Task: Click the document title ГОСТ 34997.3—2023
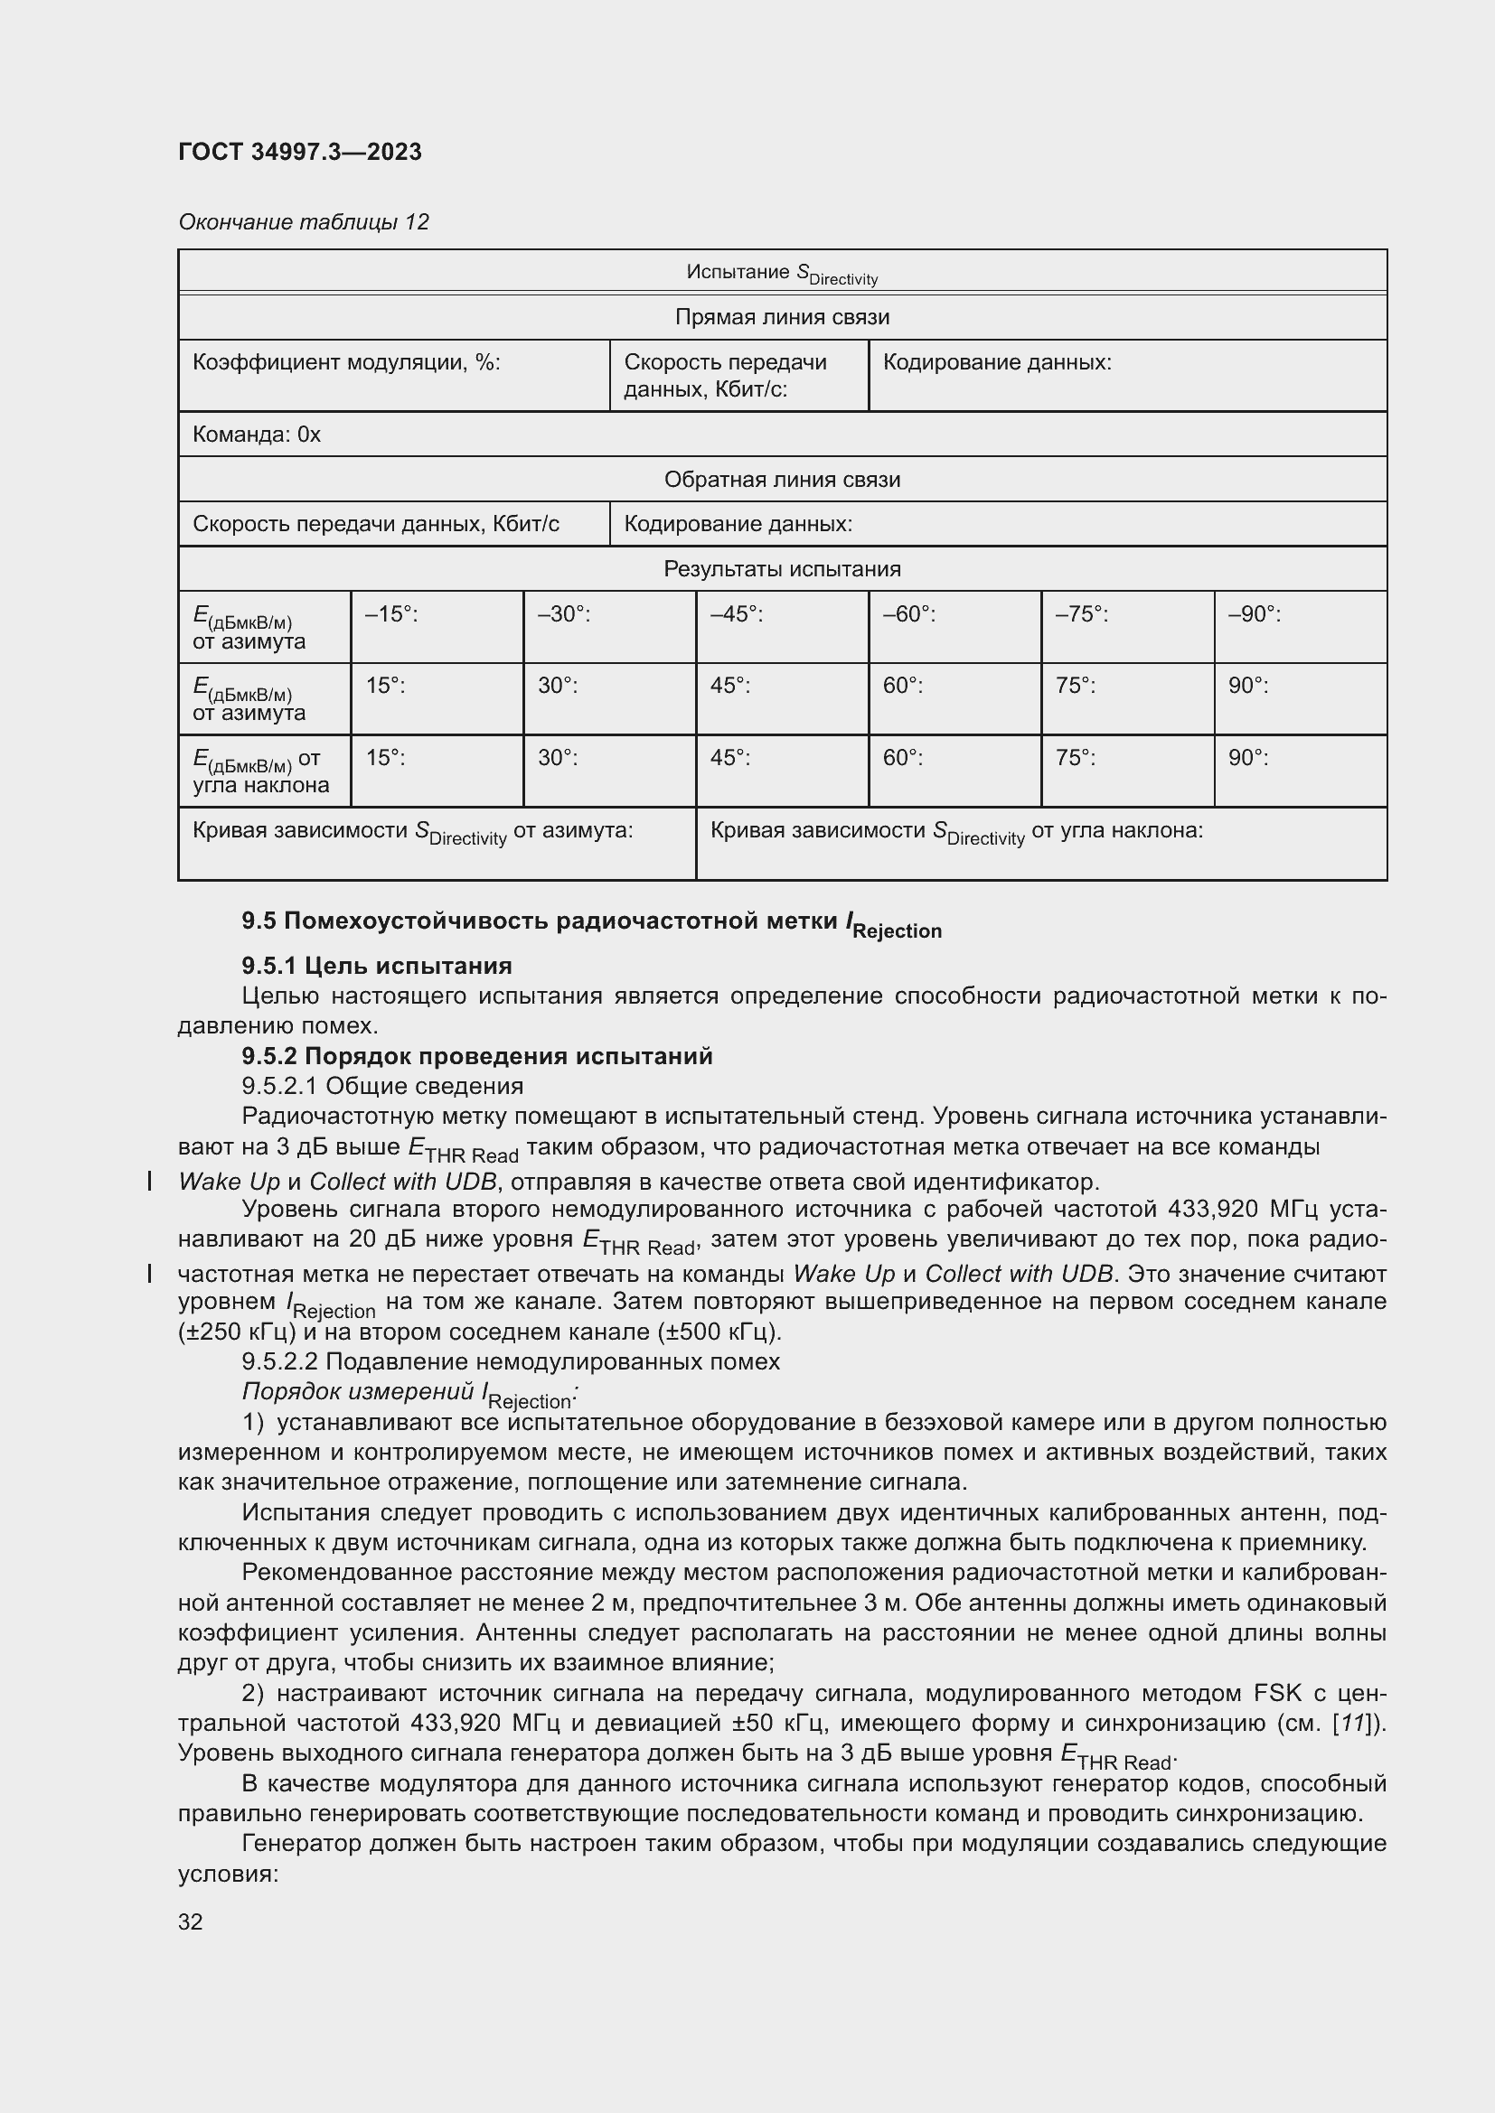(300, 152)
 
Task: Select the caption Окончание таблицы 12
(304, 222)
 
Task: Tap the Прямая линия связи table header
(782, 317)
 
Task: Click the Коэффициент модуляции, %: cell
(346, 362)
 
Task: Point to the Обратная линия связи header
(782, 480)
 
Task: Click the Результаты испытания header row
(782, 569)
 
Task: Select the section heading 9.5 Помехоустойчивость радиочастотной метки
(591, 922)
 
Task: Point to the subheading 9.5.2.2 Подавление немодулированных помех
(511, 1361)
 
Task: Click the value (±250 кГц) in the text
(237, 1332)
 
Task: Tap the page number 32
(191, 1921)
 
